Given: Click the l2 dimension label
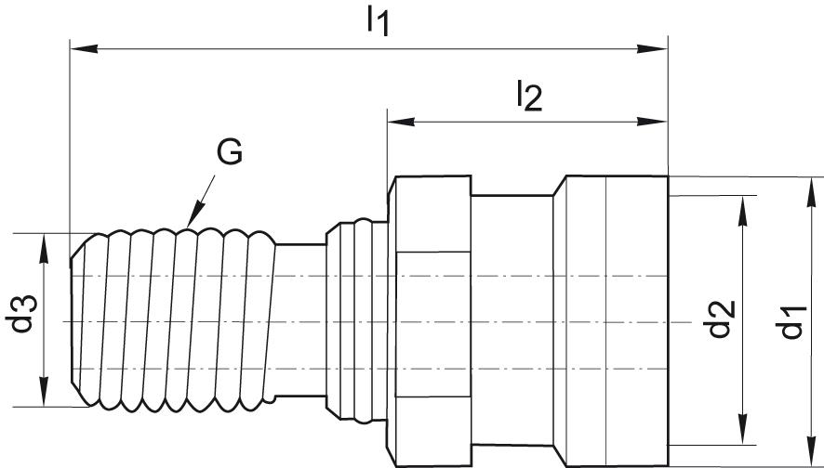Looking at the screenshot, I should click(x=528, y=95).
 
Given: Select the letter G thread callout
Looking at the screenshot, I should click(x=229, y=152).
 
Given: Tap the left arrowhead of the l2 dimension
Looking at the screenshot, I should click(x=399, y=121).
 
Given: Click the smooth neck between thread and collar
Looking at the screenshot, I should click(x=302, y=320).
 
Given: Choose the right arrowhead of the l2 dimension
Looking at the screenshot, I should click(x=657, y=121).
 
